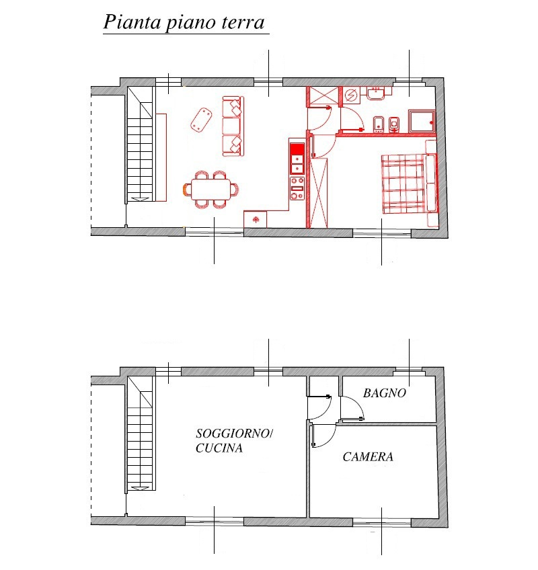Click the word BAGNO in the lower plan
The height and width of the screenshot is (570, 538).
tap(385, 393)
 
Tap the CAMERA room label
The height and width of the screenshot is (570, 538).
tap(368, 457)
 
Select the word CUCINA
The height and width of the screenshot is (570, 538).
tap(219, 448)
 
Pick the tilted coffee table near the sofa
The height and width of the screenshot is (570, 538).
tap(202, 120)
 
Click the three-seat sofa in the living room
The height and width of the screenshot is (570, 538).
tap(233, 126)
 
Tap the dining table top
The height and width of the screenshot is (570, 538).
tap(211, 189)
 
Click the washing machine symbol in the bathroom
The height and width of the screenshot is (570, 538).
tap(350, 95)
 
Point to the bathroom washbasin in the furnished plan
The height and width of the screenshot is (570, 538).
tap(376, 93)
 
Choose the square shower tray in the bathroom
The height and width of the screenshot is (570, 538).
tap(422, 122)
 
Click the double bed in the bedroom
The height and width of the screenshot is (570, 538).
tap(403, 184)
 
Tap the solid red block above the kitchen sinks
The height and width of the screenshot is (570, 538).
tap(297, 149)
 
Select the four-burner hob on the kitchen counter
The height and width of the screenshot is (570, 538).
tap(297, 188)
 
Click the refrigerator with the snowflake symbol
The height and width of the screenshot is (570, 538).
tap(256, 220)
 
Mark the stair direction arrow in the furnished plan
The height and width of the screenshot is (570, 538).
tap(140, 199)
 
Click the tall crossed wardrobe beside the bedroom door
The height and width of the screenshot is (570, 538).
tap(319, 193)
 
